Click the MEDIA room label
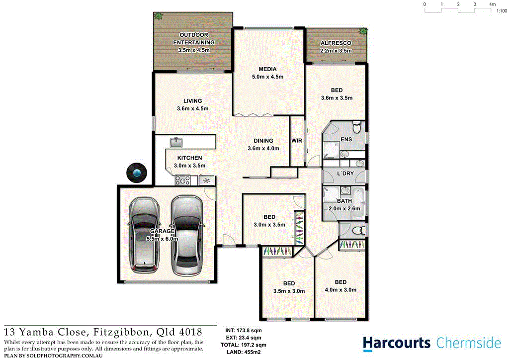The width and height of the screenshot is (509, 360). click(267, 69)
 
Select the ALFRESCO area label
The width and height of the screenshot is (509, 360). click(337, 43)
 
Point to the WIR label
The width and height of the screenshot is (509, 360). click(297, 141)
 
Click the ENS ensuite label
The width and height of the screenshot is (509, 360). click(346, 139)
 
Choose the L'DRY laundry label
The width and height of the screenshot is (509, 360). click(344, 174)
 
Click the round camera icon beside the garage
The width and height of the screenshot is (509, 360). click(136, 173)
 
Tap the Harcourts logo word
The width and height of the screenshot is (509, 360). click(396, 343)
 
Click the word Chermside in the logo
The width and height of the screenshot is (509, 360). click(469, 343)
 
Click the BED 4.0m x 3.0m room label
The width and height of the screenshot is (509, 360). click(340, 286)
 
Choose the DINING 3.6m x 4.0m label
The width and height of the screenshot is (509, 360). click(263, 145)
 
